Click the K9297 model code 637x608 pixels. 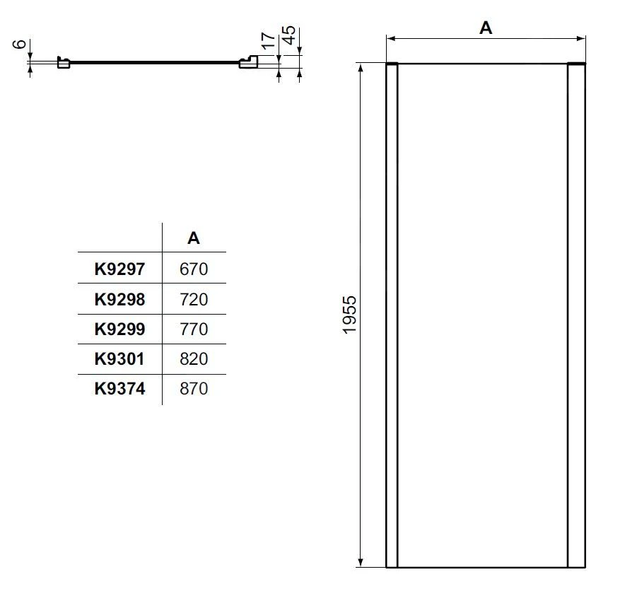coord(119,269)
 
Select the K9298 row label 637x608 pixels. coord(119,299)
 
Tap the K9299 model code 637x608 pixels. coord(119,329)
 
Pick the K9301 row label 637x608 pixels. coord(119,358)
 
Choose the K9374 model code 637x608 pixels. coord(119,388)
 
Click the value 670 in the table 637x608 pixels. coord(194,269)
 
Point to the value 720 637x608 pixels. coord(194,299)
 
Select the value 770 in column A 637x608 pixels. coord(194,329)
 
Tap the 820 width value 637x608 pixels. coord(194,358)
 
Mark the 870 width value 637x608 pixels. coord(194,388)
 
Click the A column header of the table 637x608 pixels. coord(194,238)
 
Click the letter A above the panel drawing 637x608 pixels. coord(486,28)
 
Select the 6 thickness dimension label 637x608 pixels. coord(21,44)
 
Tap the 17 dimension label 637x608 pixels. coord(268,40)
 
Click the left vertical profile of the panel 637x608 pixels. coord(392,315)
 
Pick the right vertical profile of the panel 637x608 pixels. coord(577,315)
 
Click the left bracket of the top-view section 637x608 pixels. coord(63,63)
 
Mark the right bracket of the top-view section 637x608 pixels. coord(249,63)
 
